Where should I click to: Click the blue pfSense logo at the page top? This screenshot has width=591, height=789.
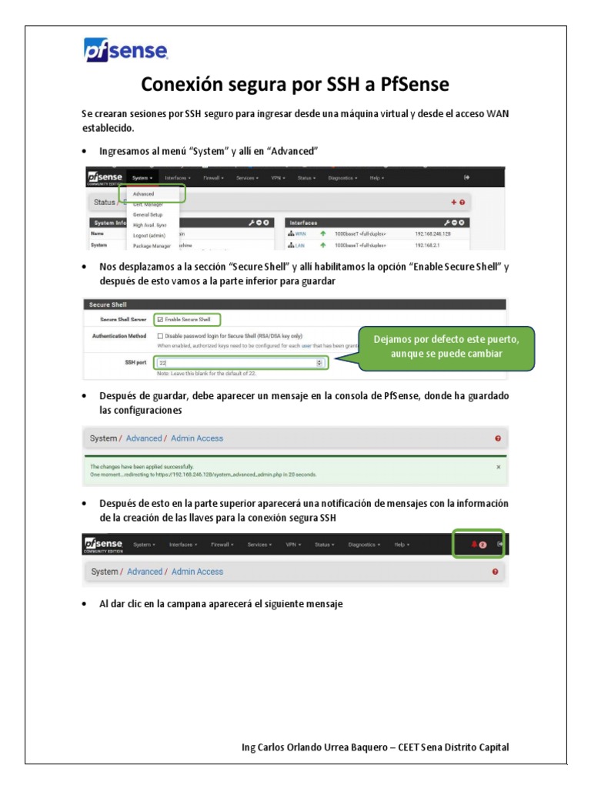[125, 51]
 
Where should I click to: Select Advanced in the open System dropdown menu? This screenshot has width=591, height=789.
[144, 194]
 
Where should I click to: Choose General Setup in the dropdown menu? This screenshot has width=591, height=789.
[148, 215]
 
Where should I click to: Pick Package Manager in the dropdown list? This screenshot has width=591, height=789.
[152, 246]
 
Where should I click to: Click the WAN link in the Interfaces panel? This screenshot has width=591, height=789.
[301, 233]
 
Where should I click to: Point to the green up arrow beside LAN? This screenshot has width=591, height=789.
[323, 246]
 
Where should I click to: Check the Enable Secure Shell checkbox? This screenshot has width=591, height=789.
[160, 319]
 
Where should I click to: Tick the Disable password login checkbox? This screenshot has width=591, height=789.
[160, 336]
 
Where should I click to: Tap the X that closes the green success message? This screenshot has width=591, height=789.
[498, 467]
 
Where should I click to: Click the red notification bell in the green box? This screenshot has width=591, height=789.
[474, 545]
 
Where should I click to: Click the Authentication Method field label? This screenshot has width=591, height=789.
[119, 336]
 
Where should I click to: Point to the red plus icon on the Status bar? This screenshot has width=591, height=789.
[453, 202]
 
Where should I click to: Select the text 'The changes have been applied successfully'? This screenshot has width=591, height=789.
[142, 467]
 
